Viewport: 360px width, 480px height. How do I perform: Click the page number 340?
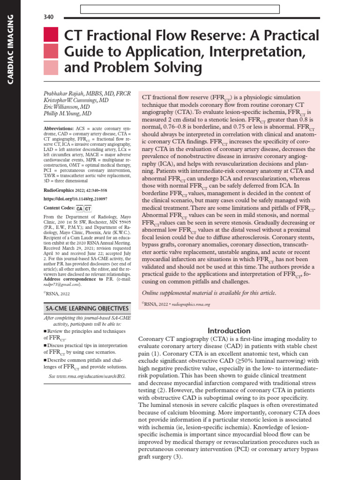(48, 17)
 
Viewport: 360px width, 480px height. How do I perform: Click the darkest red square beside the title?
(51, 35)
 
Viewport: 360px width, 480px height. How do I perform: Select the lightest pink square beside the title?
(51, 68)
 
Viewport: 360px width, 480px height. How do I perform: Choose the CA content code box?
(80, 209)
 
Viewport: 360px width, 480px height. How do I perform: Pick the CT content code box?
(88, 209)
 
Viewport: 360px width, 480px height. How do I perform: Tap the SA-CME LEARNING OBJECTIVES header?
(87, 308)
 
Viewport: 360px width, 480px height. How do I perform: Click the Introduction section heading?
(230, 330)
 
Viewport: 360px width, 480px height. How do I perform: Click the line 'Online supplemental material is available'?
(209, 293)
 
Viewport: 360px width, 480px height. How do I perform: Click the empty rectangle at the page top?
(180, 9)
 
